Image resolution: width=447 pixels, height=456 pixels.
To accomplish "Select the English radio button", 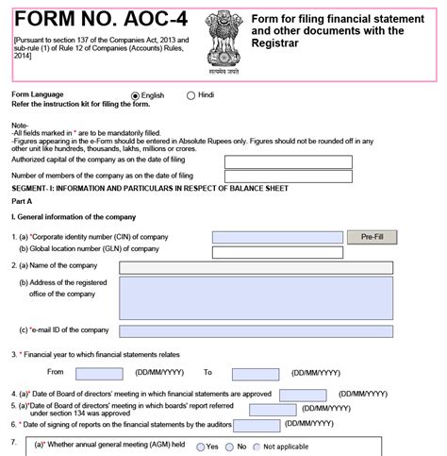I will pyautogui.click(x=135, y=96).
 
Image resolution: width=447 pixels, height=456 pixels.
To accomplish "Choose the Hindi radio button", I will pyautogui.click(x=191, y=96).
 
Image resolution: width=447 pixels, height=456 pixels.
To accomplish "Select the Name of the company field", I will pyautogui.click(x=256, y=268).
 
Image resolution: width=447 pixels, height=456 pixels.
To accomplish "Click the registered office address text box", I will pyautogui.click(x=256, y=298).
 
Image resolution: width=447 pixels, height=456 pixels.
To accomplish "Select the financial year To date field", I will pyautogui.click(x=255, y=374).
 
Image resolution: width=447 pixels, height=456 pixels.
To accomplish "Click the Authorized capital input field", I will pyautogui.click(x=288, y=161).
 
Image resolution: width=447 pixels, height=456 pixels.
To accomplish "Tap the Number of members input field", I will pyautogui.click(x=288, y=177).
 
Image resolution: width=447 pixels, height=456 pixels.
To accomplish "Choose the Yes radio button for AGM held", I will pyautogui.click(x=199, y=446).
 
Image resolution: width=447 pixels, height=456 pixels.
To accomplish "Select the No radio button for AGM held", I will pyautogui.click(x=230, y=446).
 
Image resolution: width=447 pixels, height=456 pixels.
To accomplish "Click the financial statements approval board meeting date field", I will pyautogui.click(x=303, y=395).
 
